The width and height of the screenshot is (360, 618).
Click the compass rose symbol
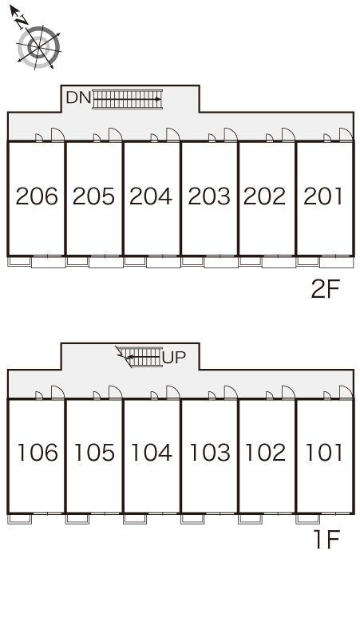[x=38, y=47]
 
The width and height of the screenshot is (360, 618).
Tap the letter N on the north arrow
[x=22, y=21]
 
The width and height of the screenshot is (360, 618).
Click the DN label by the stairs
[x=78, y=97]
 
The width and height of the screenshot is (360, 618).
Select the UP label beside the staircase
[x=174, y=357]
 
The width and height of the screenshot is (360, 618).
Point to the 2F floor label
[x=325, y=289]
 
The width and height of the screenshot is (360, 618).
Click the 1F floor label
[x=326, y=540]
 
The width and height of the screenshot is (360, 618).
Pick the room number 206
[x=37, y=196]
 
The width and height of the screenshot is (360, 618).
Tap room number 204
[x=151, y=196]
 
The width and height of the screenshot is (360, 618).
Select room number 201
[x=322, y=196]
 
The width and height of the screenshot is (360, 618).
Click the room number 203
[x=209, y=196]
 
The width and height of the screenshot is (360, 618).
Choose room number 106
[x=38, y=453]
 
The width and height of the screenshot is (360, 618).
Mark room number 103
[x=210, y=453]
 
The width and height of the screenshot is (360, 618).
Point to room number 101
[x=324, y=453]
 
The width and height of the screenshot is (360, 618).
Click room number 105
[x=94, y=453]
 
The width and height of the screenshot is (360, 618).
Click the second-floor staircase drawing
[x=127, y=99]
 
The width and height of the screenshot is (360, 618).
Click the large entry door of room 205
[x=115, y=134]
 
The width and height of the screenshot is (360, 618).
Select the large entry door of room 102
[x=288, y=393]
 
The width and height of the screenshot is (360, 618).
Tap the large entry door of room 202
[x=288, y=134]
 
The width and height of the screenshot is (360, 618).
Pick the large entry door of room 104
[x=172, y=393]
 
